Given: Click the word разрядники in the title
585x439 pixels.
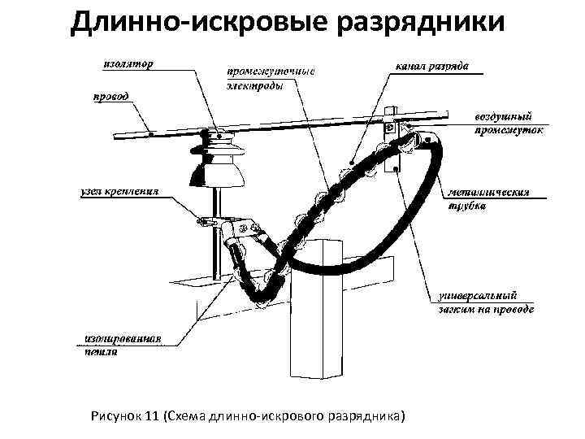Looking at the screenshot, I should pyautogui.click(x=428, y=22).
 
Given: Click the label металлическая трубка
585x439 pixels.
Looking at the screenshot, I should pyautogui.click(x=489, y=200).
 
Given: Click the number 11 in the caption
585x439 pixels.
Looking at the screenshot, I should pyautogui.click(x=151, y=417).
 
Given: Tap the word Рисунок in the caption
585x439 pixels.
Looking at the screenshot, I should pyautogui.click(x=117, y=417).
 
